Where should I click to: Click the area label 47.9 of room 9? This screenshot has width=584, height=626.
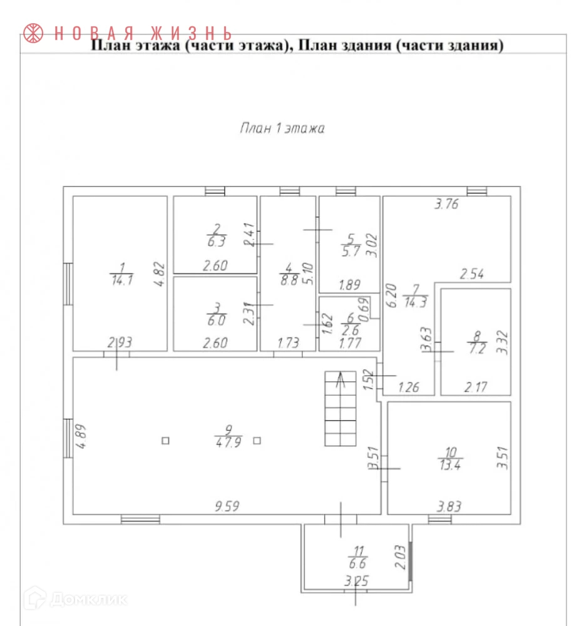coord(228,440)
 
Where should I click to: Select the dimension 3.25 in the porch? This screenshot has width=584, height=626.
coord(356,582)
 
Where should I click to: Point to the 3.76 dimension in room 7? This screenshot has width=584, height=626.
coord(447,203)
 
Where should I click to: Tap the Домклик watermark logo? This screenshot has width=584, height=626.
coord(74,599)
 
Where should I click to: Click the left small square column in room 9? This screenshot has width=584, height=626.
coord(165,440)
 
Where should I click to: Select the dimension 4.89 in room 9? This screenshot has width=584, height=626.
coord(80,436)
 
